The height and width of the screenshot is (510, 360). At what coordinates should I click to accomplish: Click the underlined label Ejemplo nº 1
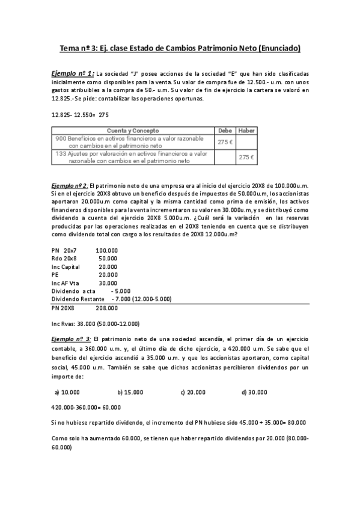[73, 73]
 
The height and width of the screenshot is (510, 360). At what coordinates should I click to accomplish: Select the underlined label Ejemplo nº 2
[70, 187]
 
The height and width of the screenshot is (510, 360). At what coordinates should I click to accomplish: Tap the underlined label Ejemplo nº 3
[71, 340]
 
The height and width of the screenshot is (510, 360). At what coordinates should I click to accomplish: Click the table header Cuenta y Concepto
[133, 131]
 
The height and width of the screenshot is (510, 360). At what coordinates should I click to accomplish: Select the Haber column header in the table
[246, 131]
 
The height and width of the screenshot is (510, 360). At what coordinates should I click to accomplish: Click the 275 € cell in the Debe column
[225, 142]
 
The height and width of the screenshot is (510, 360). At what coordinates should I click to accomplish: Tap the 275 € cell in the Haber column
[246, 157]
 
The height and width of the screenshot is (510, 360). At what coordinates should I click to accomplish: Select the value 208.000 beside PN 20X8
[106, 307]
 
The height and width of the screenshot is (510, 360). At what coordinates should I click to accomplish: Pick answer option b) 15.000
[130, 392]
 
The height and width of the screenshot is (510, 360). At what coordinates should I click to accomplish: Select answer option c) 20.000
[193, 392]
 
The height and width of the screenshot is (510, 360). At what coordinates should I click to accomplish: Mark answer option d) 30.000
[254, 392]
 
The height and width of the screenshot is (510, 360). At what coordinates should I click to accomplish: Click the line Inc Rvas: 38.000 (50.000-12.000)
[96, 323]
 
